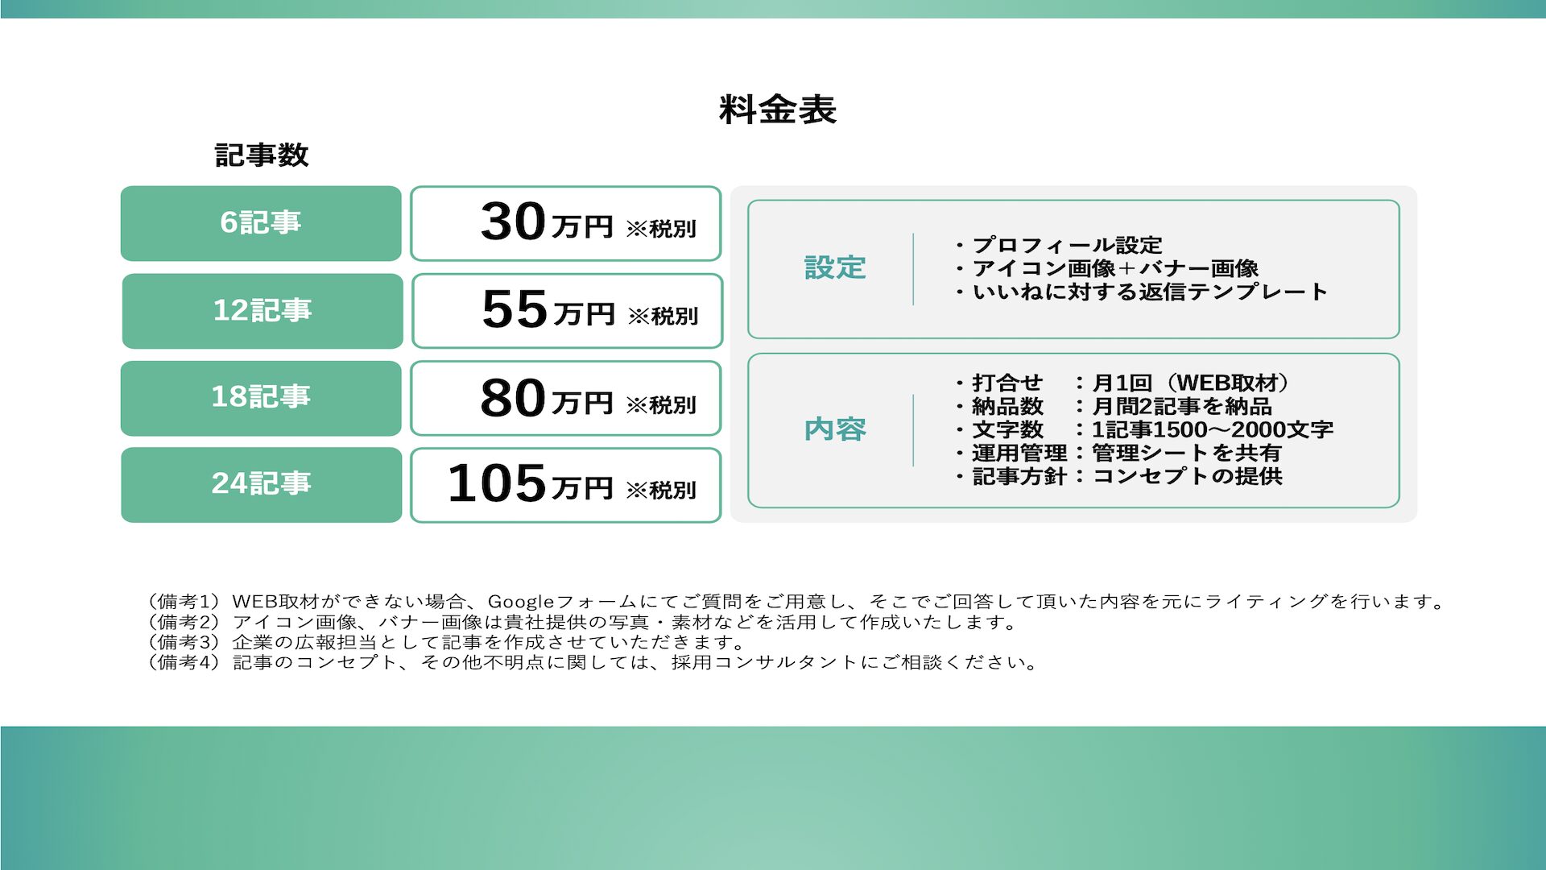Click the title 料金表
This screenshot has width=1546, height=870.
click(777, 110)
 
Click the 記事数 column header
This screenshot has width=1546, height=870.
click(262, 155)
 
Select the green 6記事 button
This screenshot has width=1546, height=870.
click(261, 223)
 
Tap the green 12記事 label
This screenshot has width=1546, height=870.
click(262, 311)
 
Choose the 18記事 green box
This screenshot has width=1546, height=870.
click(261, 398)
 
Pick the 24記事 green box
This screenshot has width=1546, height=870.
click(262, 485)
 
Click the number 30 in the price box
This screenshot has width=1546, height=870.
click(514, 222)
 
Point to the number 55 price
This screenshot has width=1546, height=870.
click(515, 309)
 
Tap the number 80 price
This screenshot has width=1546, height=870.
click(514, 398)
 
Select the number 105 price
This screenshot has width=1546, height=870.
click(497, 484)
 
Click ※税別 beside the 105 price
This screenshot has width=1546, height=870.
click(661, 490)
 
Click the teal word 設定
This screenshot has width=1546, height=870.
click(835, 268)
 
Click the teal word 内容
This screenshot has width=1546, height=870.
click(835, 429)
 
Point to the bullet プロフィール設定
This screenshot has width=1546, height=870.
click(1058, 245)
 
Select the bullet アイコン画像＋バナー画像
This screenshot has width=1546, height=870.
click(1106, 268)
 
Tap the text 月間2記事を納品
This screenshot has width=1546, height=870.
click(1181, 406)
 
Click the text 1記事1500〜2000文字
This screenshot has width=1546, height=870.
click(1212, 429)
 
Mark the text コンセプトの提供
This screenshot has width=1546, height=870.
click(1187, 476)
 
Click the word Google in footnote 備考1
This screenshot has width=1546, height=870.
click(521, 602)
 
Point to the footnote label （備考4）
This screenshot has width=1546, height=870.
click(184, 662)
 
